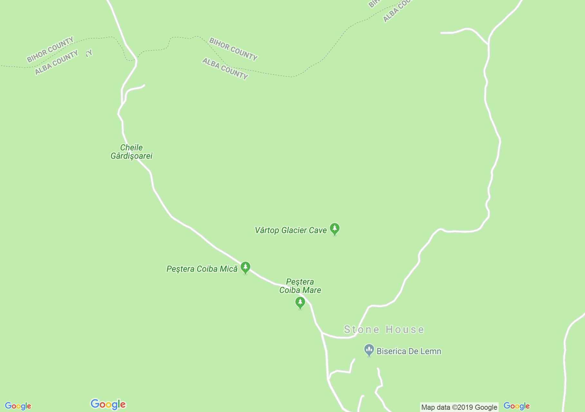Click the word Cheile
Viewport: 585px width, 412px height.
click(131, 148)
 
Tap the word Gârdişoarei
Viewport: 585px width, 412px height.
click(131, 156)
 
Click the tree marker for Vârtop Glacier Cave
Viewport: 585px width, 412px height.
click(335, 229)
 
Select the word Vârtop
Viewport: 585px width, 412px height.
click(267, 230)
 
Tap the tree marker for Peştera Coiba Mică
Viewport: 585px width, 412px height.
click(245, 267)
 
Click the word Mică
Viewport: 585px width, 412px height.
click(228, 269)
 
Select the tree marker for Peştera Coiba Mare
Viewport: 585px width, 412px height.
click(300, 303)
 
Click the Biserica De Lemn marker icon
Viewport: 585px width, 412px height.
click(369, 350)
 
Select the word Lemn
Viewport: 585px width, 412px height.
click(430, 351)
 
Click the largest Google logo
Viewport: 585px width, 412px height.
click(108, 404)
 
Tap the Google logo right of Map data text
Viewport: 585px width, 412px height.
click(516, 406)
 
